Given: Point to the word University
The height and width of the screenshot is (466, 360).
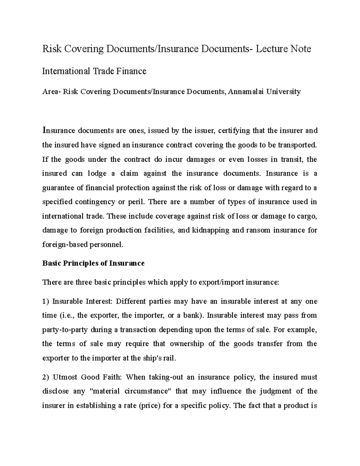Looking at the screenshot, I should [283, 92].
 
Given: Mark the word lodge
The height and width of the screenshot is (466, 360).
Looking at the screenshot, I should [95, 173].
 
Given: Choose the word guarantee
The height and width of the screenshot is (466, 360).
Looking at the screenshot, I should [57, 188].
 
